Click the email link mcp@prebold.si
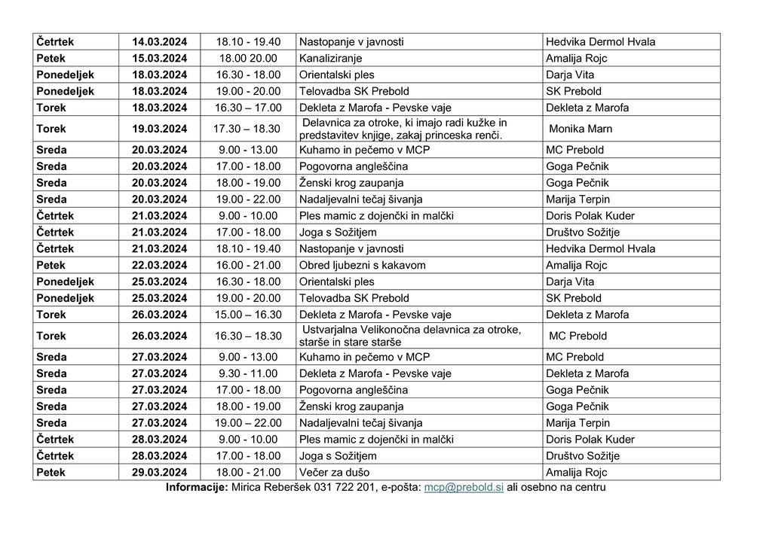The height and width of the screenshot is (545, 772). point(464,488)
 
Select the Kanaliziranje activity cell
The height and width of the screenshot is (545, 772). point(331,58)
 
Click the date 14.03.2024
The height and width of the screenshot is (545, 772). point(160,41)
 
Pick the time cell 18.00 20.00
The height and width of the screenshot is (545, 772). point(248,58)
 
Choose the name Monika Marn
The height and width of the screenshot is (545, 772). point(581,129)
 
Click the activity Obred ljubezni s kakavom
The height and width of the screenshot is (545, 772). point(363,265)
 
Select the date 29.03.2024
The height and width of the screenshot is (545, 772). point(160,473)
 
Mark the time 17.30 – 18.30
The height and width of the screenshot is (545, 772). point(248,129)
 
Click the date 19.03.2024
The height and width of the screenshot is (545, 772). point(160,129)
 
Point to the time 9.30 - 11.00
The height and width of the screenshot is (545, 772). point(248,373)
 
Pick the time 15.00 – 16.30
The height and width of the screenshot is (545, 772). point(248,315)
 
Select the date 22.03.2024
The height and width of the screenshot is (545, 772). point(160,265)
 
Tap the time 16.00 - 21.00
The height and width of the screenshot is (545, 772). point(248,265)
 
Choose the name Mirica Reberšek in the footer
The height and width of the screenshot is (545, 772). point(267,488)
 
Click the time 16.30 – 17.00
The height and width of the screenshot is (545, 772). point(248,108)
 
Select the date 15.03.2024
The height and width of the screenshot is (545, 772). point(160,58)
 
